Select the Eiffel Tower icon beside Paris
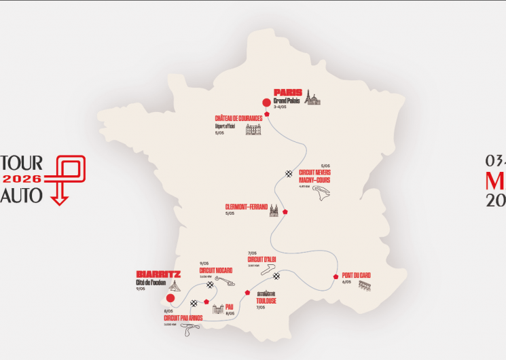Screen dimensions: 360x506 pos(312,98)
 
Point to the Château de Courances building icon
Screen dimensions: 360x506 pos(253,129)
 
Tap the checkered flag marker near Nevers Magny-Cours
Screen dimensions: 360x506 pos(289,173)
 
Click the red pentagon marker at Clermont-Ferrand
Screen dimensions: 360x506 pos(287,211)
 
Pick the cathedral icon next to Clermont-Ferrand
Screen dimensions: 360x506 pos(274,209)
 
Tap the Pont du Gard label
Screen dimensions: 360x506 pos(357,274)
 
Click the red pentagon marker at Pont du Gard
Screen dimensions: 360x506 pos(336,276)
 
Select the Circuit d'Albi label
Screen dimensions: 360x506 pos(261,258)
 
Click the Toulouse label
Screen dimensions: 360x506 pos(266,300)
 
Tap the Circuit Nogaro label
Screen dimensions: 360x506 pos(216,269)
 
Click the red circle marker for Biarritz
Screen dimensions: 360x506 pos(171,297)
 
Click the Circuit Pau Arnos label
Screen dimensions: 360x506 pos(183,317)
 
